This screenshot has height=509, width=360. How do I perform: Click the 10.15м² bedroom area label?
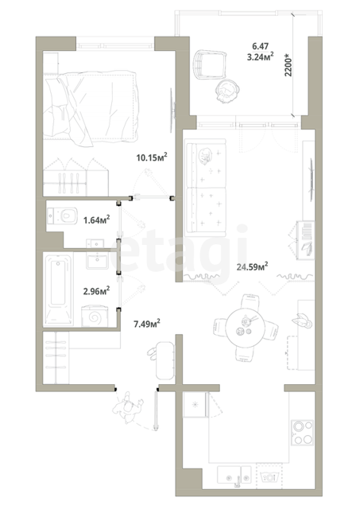pyautogui.click(x=152, y=157)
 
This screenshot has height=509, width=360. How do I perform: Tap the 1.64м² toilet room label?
pyautogui.click(x=96, y=220)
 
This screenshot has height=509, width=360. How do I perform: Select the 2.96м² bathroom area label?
pyautogui.click(x=96, y=290)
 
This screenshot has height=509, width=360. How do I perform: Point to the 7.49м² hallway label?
pyautogui.click(x=147, y=324)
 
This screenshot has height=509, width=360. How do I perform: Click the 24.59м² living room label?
pyautogui.click(x=252, y=267)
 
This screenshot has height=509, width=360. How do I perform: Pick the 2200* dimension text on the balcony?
pyautogui.click(x=288, y=66)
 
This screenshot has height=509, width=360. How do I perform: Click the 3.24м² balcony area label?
pyautogui.click(x=260, y=57)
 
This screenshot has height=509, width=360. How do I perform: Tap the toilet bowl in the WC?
pyautogui.click(x=62, y=216)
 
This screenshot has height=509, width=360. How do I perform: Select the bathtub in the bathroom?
pyautogui.click(x=58, y=289)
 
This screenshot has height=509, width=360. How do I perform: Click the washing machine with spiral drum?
pyautogui.click(x=94, y=317)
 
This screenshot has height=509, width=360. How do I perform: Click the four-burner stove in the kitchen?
pyautogui.click(x=302, y=433)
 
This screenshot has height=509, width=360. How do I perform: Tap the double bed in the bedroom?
pyautogui.click(x=91, y=108)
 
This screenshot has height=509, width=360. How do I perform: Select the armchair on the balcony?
pyautogui.click(x=210, y=64)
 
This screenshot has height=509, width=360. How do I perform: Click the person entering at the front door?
pyautogui.click(x=127, y=407)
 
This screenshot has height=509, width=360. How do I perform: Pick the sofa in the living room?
pyautogui.click(x=205, y=188)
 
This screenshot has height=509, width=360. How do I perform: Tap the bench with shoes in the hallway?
pyautogui.click(x=165, y=360)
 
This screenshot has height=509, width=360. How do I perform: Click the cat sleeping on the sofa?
pyautogui.click(x=206, y=155)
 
